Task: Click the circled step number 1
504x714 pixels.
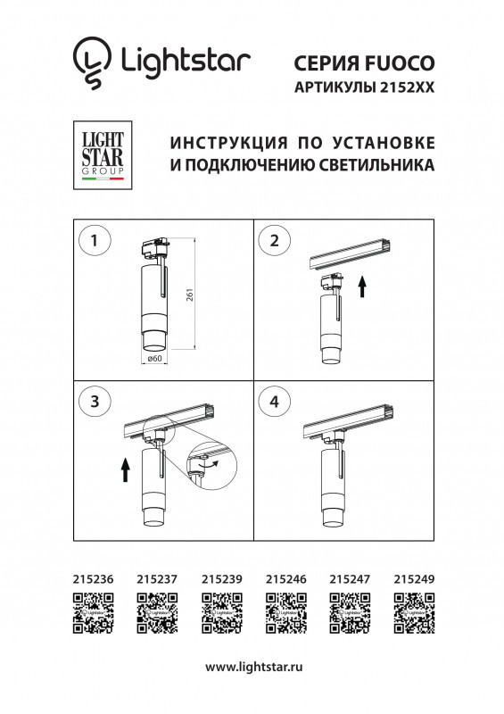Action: coord(95,239)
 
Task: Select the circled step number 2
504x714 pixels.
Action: coord(274,239)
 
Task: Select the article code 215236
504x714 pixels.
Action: coord(91,579)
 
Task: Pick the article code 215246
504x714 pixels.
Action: coord(285,579)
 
